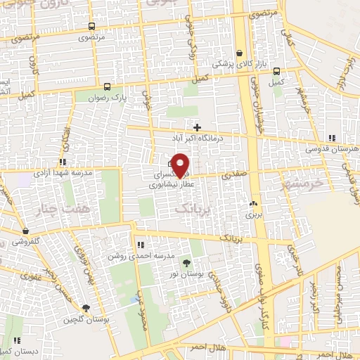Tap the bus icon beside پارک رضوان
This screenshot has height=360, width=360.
106,86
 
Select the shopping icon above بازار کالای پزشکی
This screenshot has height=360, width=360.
240,53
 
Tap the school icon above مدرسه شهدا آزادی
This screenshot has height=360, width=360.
63,162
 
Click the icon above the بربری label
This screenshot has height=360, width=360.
252,205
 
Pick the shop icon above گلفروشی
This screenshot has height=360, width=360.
26,231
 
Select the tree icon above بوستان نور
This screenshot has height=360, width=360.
186,263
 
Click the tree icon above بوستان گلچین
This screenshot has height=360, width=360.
86,308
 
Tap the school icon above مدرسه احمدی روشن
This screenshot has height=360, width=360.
141,245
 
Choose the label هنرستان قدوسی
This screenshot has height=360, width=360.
332,150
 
